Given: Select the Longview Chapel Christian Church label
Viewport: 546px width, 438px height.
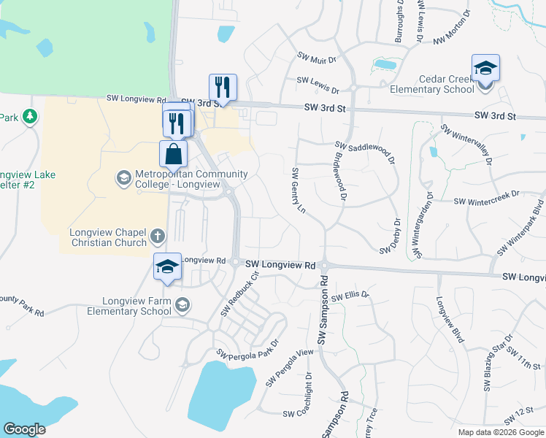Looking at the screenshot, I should click(108, 237).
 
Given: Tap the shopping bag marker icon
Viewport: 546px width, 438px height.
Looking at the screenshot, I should click(173, 154).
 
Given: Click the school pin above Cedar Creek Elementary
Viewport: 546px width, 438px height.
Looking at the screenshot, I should click(485, 69).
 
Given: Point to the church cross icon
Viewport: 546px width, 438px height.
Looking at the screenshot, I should click(157, 236).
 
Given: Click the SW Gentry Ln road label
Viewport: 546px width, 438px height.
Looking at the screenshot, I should click(297, 191).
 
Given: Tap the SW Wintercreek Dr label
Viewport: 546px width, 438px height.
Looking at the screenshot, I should click(485, 197).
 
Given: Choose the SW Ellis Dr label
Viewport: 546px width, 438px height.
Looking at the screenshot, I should click(350, 297).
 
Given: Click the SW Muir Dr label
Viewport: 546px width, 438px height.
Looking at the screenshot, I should click(316, 58).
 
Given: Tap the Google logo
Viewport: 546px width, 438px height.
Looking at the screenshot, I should click(24, 429).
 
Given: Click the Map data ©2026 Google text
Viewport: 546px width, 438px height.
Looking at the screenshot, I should click(500, 432).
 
